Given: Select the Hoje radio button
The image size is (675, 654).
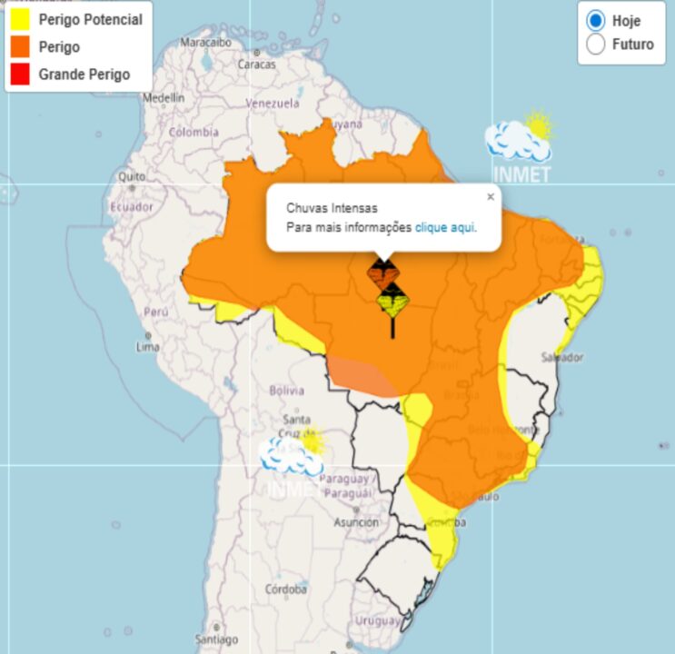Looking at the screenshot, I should pos(596,20).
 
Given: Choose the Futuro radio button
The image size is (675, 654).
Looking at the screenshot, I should pos(596,44).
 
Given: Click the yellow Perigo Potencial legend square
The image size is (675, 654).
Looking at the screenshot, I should pos(22,19).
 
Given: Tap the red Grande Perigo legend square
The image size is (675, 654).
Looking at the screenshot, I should pos(22,74).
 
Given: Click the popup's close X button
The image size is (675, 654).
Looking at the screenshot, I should pos(491,196).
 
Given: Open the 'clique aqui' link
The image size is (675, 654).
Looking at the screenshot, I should pos(444,227).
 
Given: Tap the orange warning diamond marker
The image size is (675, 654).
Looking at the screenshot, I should pos(382,272).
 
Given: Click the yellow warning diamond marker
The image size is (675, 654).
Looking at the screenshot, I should pos(392,301).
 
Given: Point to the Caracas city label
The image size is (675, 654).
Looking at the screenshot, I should pos(256,64).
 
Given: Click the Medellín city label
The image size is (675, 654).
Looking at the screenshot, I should pos(164,97).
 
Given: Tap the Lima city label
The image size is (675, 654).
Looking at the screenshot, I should pos(147,347).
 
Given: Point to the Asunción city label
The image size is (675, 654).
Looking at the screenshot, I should pos(355,522).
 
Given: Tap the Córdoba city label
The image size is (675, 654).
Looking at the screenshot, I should pos(286,589).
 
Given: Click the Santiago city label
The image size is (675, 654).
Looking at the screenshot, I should pos(215,639).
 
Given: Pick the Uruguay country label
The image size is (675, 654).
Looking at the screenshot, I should pos(377,620).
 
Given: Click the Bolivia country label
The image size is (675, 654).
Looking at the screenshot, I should pos(286,391).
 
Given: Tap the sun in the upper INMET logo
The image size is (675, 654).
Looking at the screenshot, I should pos(539,125).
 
